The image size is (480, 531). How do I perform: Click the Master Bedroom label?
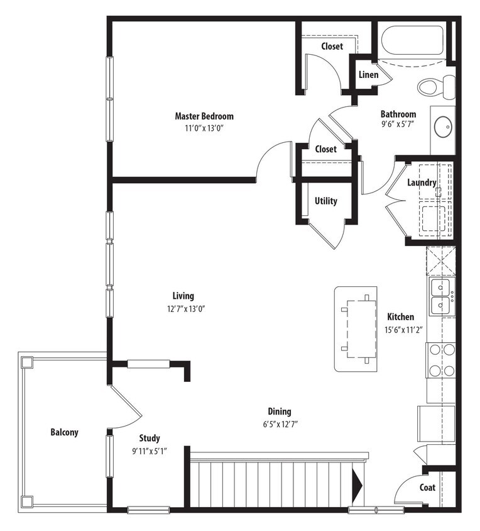point(204,116)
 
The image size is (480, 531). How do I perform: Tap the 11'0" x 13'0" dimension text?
point(204,128)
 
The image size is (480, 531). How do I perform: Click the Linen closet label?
point(368,75)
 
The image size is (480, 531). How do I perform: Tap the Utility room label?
point(325,201)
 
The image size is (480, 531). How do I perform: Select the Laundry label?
point(422,183)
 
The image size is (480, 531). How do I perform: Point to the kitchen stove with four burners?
point(441,361)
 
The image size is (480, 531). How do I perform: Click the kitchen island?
point(356,329)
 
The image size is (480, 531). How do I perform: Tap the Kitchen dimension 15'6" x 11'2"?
point(400,329)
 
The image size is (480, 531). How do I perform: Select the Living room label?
point(183,296)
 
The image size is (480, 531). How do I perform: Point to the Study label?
point(150,438)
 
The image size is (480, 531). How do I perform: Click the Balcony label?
point(64,432)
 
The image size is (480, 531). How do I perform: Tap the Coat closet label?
point(427,488)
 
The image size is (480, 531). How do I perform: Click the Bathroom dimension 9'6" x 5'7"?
point(398,125)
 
